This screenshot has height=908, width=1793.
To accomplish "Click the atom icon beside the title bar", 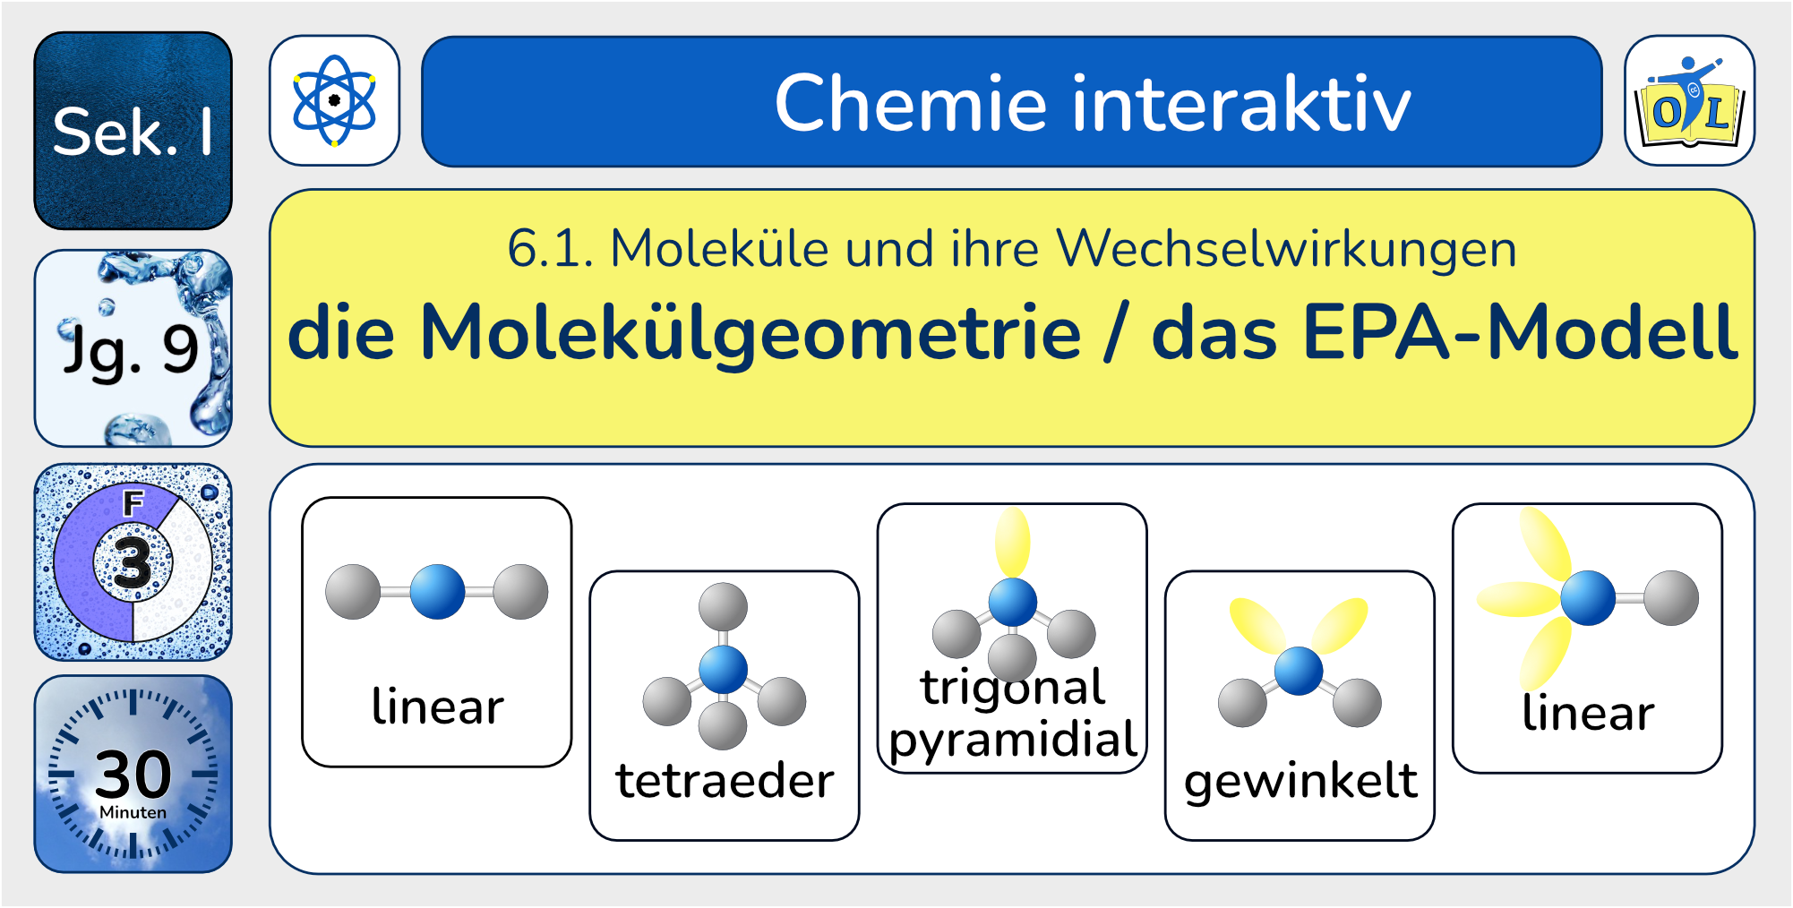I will coord(334,100).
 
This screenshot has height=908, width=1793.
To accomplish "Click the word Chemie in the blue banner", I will coord(910,104).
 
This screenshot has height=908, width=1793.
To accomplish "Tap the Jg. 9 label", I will coord(131,349).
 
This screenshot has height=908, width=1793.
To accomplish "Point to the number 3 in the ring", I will coord(133,562).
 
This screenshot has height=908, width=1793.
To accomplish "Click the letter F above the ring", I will coord(133,503).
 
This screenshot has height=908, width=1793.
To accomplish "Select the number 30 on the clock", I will coord(133,774).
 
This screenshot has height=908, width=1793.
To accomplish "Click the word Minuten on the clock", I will coord(133,812).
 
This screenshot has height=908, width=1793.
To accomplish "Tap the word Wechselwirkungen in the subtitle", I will coord(1286,248).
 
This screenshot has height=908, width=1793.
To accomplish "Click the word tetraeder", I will coord(725,781).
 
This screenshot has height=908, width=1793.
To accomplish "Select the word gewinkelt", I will coord(1300,781).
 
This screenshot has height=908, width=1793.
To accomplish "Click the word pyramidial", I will coord(1012,741).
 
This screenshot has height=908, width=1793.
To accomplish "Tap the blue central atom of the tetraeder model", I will coord(723,668).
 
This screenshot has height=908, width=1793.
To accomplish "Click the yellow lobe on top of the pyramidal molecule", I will coord(1013,541).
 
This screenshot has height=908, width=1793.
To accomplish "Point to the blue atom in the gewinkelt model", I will coord(1299,671).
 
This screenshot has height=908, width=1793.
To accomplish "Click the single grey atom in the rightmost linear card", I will coord(1671,597).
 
